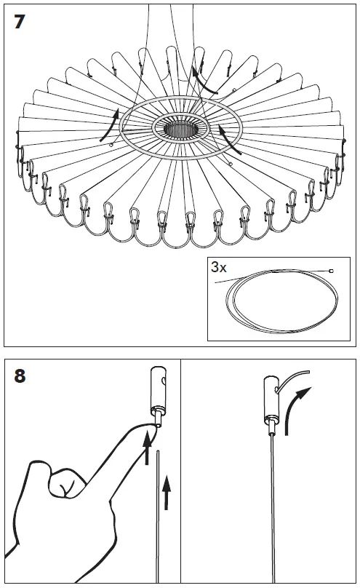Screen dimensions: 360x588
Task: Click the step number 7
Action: pyautogui.click(x=20, y=22)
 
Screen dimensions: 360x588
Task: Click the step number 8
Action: pyautogui.click(x=20, y=376)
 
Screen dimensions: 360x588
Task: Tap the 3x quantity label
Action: pyautogui.click(x=219, y=267)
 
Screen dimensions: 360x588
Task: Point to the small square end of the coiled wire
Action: pyautogui.click(x=331, y=271)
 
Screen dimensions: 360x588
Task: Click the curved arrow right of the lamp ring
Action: pyautogui.click(x=229, y=140)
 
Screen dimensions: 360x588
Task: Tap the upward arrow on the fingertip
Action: pyautogui.click(x=148, y=447)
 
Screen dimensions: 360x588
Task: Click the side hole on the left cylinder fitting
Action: pyautogui.click(x=164, y=381)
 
